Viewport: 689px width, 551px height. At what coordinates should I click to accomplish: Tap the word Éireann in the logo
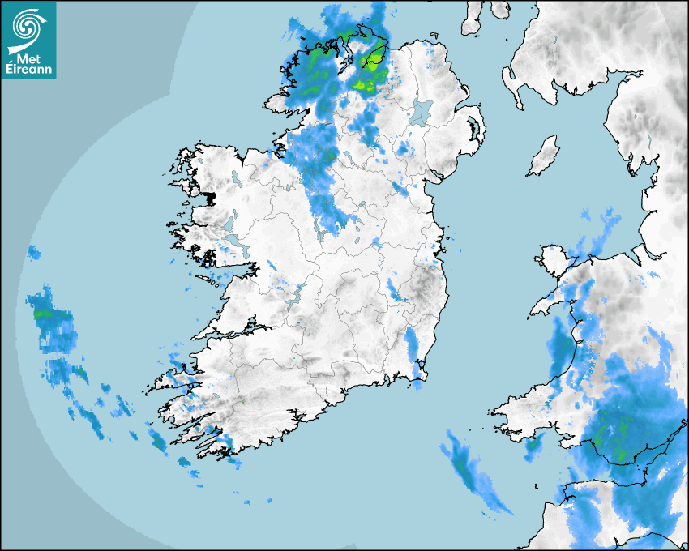coord(28,69)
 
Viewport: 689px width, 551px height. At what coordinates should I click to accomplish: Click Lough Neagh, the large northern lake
coord(422,111)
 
